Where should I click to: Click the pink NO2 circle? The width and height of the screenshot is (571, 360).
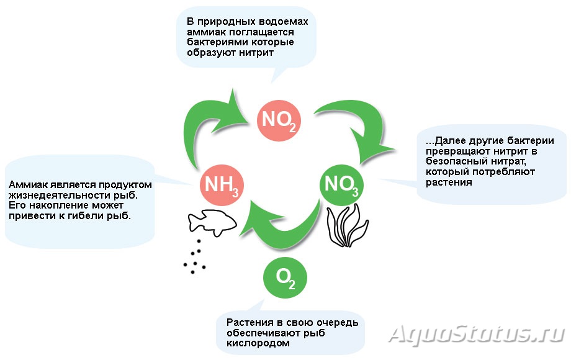pos(279,120)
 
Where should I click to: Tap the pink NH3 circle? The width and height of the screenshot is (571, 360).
pos(222,186)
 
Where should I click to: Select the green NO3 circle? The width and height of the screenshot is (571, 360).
pos(341,185)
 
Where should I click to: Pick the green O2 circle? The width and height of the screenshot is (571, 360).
pos(285,277)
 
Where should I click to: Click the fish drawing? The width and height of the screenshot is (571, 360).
pos(212,222)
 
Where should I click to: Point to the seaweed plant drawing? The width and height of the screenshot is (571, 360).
pos(347,226)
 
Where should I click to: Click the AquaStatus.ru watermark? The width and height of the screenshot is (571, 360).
pos(477,334)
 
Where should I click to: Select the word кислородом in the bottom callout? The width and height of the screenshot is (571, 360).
pos(258,343)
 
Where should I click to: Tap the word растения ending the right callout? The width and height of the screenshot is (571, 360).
pos(449,182)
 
